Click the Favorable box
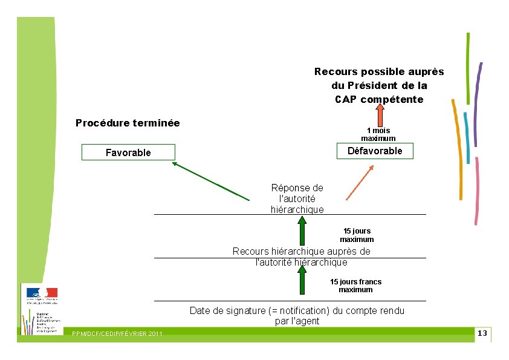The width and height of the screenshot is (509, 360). click(128, 152)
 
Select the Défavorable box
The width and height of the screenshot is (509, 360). click(375, 151)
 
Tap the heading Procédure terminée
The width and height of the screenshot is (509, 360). click(128, 123)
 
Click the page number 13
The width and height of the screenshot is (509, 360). click(482, 334)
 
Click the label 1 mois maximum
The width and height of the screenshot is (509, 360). click(378, 134)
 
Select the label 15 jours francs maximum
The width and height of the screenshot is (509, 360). click(355, 286)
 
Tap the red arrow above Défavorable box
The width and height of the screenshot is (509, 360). click(379, 114)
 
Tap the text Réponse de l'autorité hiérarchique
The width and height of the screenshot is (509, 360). click(297, 198)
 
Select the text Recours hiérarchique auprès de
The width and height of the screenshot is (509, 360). click(302, 251)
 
